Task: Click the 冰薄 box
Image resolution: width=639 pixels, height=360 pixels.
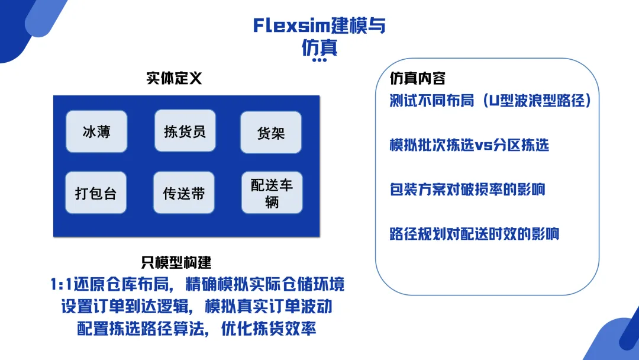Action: (x=96, y=131)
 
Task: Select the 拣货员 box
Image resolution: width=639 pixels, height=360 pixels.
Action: (x=185, y=131)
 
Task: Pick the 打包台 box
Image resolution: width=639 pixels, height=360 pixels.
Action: (x=96, y=193)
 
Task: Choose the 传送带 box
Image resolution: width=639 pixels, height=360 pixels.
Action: (x=184, y=193)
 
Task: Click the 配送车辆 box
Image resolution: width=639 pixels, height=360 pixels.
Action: (x=272, y=193)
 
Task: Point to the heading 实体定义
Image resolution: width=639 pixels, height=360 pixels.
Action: (x=175, y=78)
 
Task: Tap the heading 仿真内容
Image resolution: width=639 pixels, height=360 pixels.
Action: (x=418, y=78)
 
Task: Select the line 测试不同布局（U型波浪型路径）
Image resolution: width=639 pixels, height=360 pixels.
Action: (x=491, y=100)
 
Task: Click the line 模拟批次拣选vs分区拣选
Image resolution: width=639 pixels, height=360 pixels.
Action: (x=469, y=145)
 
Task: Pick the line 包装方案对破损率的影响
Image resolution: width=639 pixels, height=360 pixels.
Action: (x=467, y=189)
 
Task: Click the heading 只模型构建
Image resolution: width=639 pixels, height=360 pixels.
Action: (x=176, y=262)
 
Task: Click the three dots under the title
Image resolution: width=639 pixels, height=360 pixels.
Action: (x=319, y=60)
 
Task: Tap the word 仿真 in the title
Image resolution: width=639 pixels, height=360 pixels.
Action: (x=319, y=47)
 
